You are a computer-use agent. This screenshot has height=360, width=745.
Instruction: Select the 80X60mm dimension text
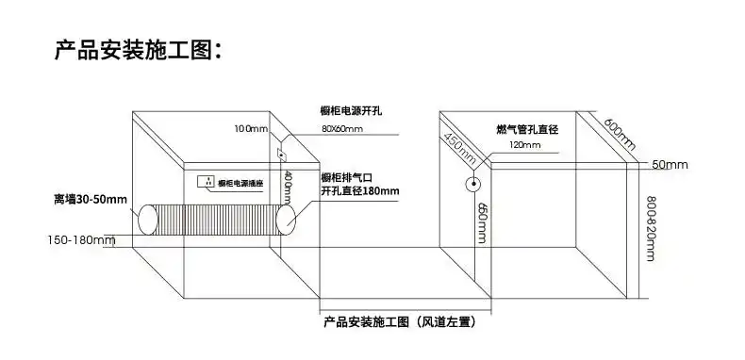[341, 128]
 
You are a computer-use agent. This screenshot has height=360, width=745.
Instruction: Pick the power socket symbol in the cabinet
[203, 180]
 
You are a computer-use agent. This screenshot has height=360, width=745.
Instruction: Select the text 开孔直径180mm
[359, 191]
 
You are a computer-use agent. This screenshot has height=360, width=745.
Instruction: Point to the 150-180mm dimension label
[81, 240]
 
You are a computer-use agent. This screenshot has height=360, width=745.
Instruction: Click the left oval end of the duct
[150, 221]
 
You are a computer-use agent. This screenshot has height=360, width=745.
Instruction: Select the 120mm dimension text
[524, 146]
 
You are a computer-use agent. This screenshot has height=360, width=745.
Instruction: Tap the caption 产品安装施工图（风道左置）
[398, 322]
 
